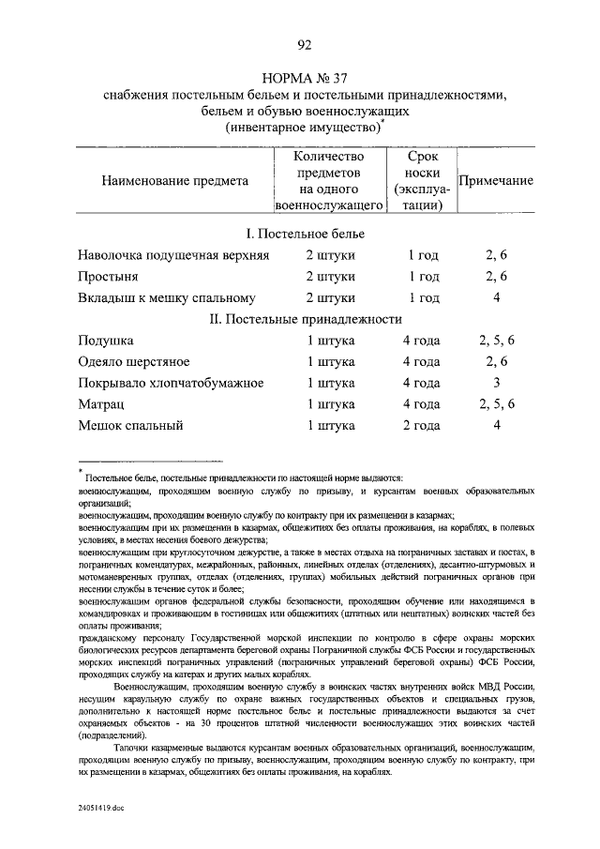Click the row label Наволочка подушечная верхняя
pyautogui.click(x=174, y=255)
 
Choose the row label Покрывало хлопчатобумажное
pyautogui.click(x=171, y=384)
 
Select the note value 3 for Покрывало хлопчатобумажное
pyautogui.click(x=497, y=384)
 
